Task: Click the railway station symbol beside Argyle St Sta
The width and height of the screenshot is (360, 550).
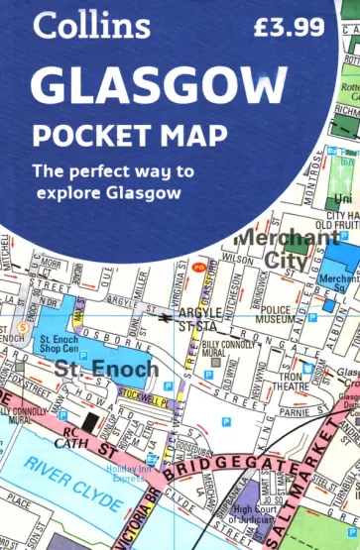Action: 164,319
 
